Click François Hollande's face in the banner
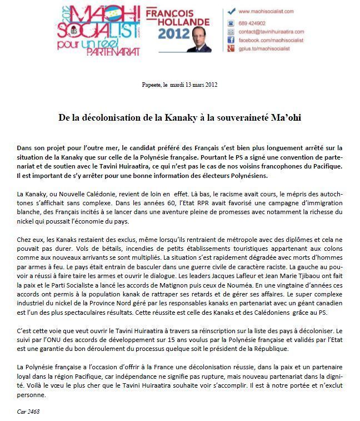(199, 38)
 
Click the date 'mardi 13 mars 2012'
(191, 85)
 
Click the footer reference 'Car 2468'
(28, 412)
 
